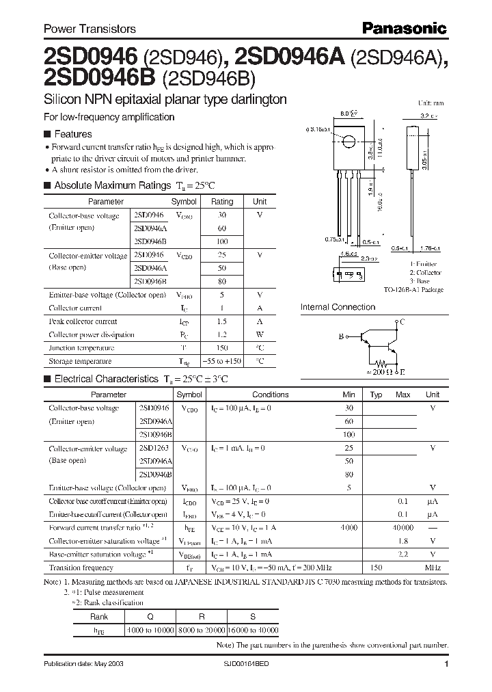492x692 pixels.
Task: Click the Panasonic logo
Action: [403, 28]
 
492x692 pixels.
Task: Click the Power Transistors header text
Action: [90, 29]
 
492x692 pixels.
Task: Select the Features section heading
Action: [72, 134]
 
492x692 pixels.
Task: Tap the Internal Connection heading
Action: [338, 307]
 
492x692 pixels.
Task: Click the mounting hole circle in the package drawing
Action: [348, 142]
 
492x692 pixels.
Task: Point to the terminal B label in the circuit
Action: [341, 336]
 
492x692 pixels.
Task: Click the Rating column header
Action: [222, 202]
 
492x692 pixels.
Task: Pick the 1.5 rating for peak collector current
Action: [222, 321]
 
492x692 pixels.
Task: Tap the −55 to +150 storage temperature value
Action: [222, 361]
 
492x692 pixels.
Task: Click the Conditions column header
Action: [271, 395]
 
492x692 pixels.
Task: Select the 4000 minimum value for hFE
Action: [349, 528]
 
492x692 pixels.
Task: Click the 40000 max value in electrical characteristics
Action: [402, 528]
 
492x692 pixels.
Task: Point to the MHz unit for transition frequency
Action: [432, 568]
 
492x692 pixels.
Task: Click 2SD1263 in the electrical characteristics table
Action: [154, 449]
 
